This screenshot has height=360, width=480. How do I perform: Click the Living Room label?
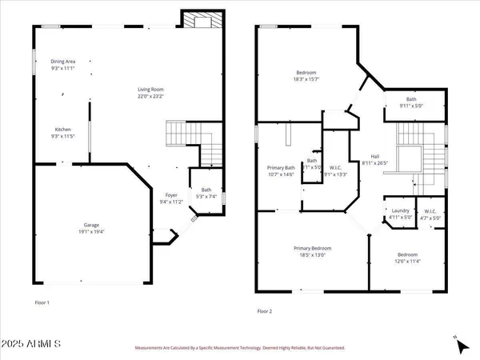coord(150,90)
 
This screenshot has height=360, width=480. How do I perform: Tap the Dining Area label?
coord(62,61)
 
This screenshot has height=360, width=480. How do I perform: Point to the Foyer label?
coord(171,194)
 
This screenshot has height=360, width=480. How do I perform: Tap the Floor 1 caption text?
coord(42,302)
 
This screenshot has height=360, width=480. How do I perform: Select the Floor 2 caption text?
coord(265,310)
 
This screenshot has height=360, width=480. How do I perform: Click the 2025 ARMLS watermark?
coord(32,343)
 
